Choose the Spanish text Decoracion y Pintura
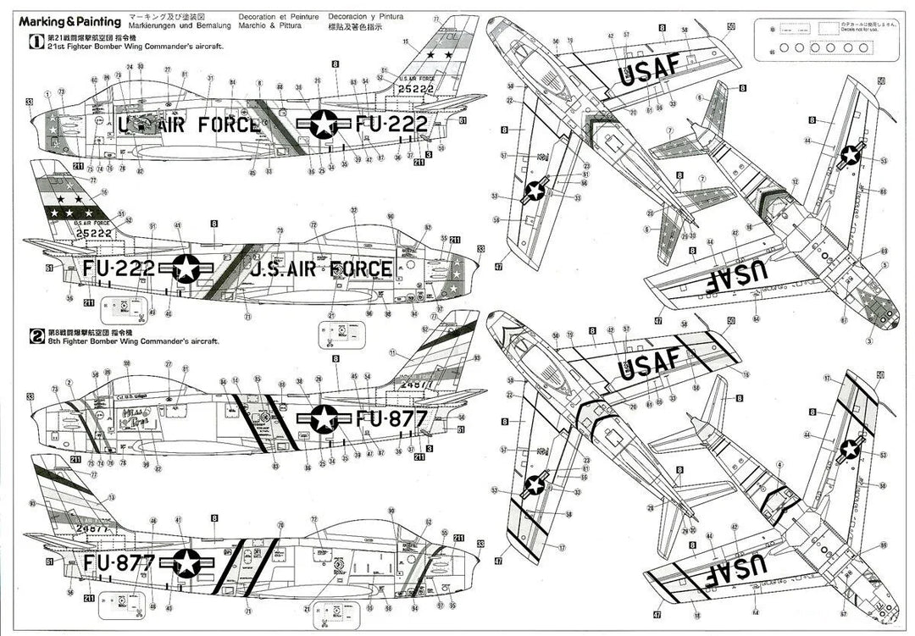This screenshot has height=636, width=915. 366,16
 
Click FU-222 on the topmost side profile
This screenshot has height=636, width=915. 391,124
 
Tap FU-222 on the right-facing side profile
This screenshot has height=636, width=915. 119,268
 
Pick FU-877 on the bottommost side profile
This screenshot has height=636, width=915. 119,561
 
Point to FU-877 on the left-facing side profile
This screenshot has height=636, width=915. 391,418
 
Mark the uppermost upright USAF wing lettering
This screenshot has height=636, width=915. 649,75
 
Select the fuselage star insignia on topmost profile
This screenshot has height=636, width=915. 323,124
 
